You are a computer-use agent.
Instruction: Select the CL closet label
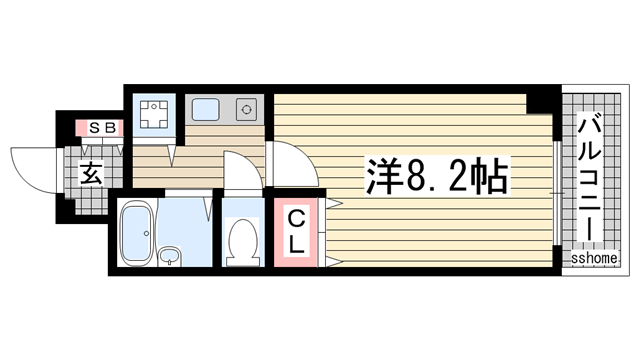(x=298, y=230)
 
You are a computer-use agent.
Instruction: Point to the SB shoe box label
(x=100, y=128)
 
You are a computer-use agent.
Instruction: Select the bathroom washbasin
(x=171, y=257)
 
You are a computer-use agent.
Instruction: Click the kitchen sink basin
(x=206, y=108)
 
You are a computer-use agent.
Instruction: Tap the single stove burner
(x=245, y=109)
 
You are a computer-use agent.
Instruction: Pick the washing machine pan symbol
(x=155, y=114)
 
